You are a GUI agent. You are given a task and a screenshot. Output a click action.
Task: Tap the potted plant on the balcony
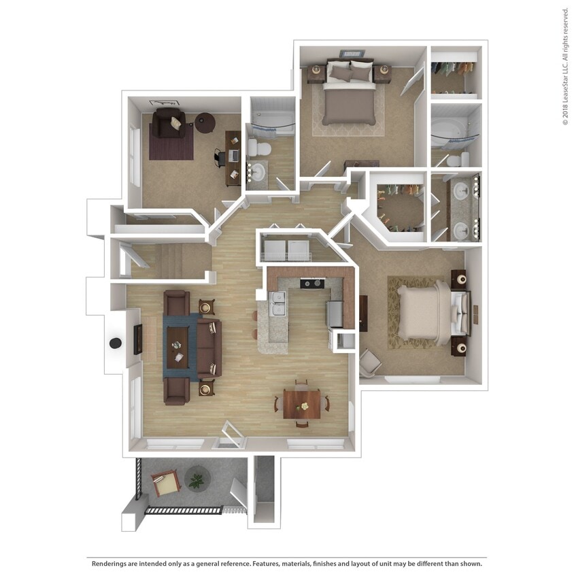point(197,479)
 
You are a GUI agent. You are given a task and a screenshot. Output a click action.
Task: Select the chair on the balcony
point(165,484)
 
